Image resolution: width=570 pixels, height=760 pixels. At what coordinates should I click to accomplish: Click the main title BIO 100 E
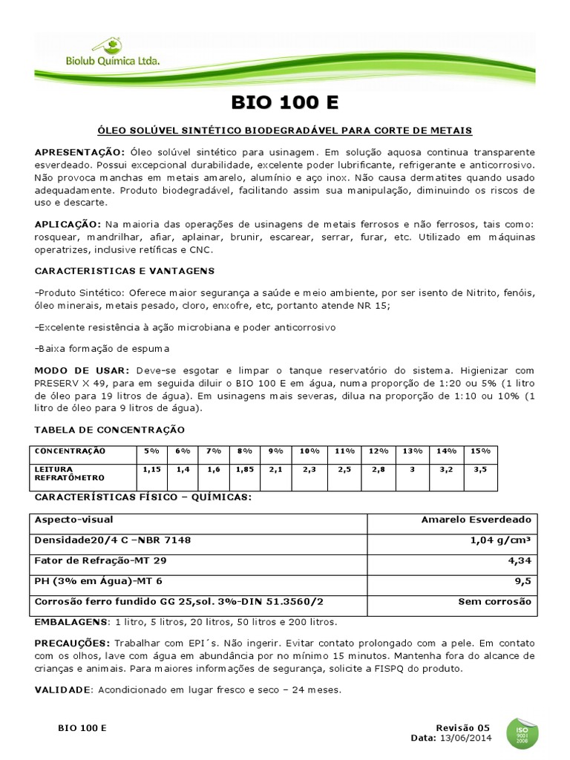click(284, 102)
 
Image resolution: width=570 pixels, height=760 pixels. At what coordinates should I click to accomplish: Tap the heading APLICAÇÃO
click(68, 223)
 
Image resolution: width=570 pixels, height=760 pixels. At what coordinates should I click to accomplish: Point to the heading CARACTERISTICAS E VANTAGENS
click(114, 272)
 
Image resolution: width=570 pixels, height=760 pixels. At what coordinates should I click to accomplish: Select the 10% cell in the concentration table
click(309, 451)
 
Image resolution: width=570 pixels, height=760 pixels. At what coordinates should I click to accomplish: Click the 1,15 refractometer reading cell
click(151, 469)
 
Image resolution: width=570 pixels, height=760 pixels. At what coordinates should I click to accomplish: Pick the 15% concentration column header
click(479, 451)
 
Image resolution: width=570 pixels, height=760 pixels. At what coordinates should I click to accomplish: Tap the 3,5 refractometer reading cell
click(479, 469)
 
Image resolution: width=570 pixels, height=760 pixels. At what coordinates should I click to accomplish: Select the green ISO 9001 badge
click(522, 733)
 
